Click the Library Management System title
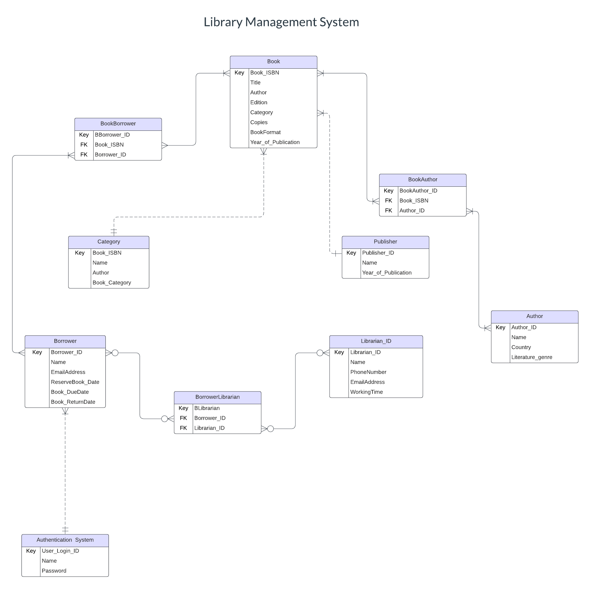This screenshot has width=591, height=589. tap(281, 22)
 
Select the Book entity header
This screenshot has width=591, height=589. tap(273, 62)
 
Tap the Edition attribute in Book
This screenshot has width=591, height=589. tap(259, 103)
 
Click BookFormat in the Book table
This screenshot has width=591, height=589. tap(265, 132)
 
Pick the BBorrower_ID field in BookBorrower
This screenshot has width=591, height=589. tap(112, 135)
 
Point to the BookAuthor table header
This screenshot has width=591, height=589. tap(422, 180)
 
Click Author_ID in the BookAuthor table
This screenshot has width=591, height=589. tap(412, 211)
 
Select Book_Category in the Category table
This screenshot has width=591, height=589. tap(112, 283)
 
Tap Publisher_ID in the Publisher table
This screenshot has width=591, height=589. tap(378, 253)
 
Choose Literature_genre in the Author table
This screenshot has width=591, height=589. tap(532, 357)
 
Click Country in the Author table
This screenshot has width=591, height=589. tap(521, 347)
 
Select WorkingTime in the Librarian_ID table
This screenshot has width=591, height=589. tap(366, 392)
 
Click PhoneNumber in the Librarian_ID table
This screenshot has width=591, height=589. tap(368, 372)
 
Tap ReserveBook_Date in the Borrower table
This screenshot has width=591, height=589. tap(75, 382)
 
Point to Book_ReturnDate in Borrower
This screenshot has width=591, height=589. tap(73, 402)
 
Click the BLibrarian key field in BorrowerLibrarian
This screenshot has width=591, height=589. tap(207, 408)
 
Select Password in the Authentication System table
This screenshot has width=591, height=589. tap(54, 571)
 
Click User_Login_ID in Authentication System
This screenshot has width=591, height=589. tap(60, 551)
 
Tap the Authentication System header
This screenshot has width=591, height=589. tap(65, 540)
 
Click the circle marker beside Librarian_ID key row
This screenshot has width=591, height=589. tap(320, 353)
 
